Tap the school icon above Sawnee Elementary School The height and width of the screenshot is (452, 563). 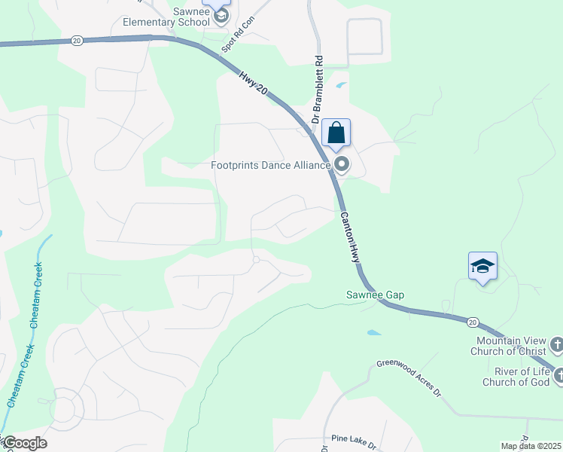click(221, 15)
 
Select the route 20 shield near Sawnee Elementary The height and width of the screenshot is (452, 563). click(78, 41)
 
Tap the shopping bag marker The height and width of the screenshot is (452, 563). click(336, 133)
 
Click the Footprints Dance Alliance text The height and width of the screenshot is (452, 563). click(271, 165)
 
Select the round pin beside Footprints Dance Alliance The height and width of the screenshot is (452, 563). click(342, 164)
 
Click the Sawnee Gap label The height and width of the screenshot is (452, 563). click(375, 295)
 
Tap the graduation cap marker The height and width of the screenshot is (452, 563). click(482, 266)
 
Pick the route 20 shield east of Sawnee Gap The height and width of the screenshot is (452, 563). click(472, 322)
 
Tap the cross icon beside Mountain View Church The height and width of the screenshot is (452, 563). click(556, 345)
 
